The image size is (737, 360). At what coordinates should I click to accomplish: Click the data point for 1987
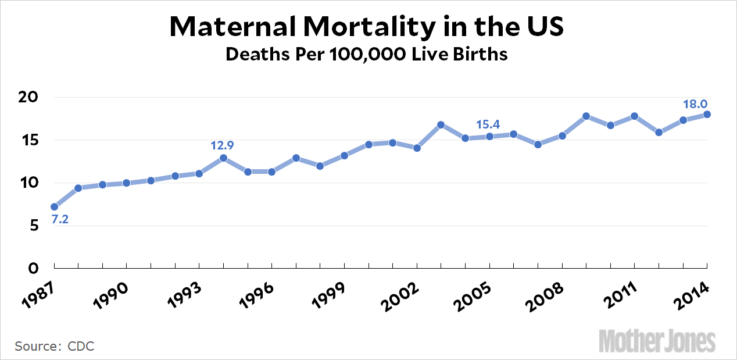(x=54, y=206)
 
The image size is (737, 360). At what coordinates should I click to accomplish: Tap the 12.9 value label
(x=223, y=144)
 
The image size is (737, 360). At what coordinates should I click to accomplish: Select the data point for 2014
(x=707, y=114)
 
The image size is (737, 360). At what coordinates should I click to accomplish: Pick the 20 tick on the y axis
(x=28, y=97)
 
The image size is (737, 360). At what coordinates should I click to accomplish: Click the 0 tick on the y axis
(x=33, y=268)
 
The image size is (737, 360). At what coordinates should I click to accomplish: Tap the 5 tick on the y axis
(x=33, y=226)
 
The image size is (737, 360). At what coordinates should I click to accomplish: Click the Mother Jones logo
(x=657, y=340)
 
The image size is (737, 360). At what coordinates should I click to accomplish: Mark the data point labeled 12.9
(x=223, y=158)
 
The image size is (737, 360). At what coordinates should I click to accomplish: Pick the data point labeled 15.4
(x=489, y=136)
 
